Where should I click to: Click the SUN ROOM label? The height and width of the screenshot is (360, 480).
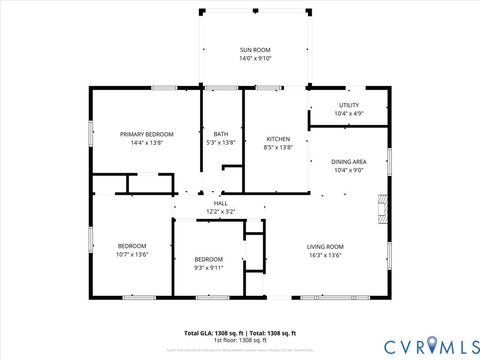[255, 50]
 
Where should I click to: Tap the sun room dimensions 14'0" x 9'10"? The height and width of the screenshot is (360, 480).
[255, 59]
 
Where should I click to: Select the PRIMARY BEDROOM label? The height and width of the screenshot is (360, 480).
[147, 134]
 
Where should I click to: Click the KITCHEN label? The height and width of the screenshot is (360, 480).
[278, 138]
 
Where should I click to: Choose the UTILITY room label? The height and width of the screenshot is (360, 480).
[348, 105]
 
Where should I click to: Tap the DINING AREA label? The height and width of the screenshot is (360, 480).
[349, 161]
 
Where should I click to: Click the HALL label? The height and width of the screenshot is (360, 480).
[220, 203]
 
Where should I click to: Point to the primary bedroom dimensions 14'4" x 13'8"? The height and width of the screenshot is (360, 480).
[147, 143]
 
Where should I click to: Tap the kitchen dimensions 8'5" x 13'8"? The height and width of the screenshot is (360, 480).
[278, 147]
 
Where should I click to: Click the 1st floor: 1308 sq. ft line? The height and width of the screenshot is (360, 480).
[240, 340]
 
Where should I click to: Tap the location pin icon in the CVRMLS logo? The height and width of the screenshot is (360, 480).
[432, 345]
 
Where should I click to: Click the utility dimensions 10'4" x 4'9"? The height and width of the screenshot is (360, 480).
[348, 114]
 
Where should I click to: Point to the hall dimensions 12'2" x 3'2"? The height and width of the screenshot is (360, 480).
[220, 212]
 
